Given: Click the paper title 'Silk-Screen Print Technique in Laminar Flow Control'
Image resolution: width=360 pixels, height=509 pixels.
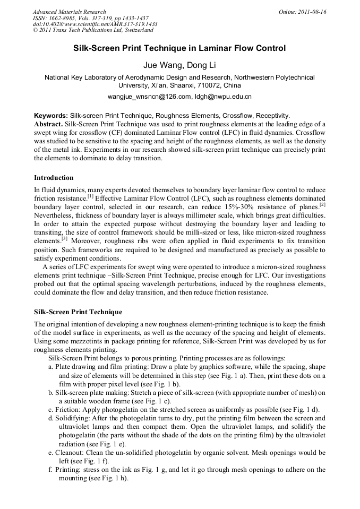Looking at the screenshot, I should pos(179,48).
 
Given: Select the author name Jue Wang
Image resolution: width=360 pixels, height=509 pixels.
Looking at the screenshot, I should pos(159,65).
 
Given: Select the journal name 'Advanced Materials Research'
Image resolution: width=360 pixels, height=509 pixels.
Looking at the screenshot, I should pos(70,12).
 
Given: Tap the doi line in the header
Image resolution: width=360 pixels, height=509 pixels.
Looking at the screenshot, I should pos(95,24).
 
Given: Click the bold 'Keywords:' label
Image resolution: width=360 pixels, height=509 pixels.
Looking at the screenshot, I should pos(51,115).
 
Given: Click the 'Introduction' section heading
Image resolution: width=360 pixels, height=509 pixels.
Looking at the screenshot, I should pos(54,177).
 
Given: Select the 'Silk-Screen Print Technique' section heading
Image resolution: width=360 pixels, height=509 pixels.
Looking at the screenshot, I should pos(78,312).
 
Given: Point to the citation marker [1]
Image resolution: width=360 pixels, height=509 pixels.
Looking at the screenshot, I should pos(91,196).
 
